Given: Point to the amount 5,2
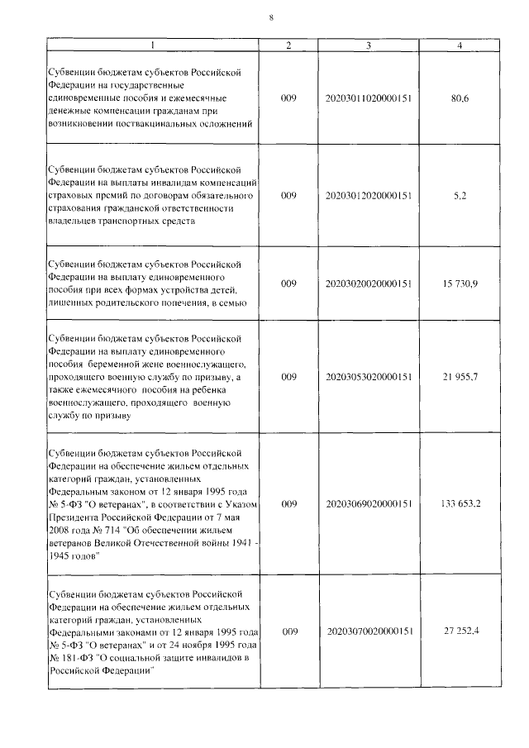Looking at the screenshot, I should coord(460,196).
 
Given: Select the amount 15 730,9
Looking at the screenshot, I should coord(460,284).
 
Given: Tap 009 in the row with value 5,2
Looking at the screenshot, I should coord(288,196).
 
